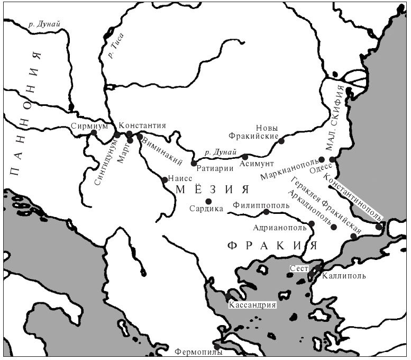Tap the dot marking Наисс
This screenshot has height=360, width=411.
click(165, 180)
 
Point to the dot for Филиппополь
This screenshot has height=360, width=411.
click(266, 212)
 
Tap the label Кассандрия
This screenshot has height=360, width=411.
click(252, 305)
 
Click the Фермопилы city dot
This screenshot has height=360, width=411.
click(217, 347)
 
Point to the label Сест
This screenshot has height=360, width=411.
click(299, 269)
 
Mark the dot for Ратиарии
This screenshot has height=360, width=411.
click(194, 163)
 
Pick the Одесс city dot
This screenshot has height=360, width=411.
click(332, 159)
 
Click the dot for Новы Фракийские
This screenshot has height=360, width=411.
click(281, 141)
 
